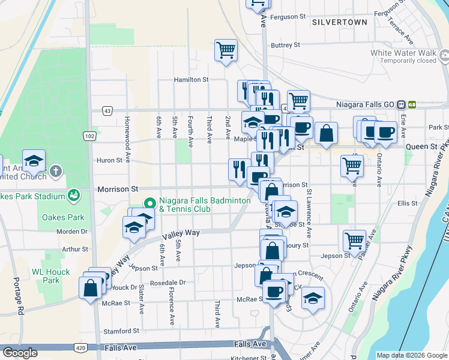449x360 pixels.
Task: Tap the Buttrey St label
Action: click(285, 45)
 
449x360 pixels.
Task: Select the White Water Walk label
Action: click(403, 53)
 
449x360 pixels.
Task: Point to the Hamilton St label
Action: click(191, 79)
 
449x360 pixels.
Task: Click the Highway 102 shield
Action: click(89, 136)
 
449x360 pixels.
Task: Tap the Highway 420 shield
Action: click(80, 347)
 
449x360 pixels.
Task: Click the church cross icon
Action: click(56, 172)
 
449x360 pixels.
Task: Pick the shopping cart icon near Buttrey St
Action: click(226, 50)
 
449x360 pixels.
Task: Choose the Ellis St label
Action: click(407, 204)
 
